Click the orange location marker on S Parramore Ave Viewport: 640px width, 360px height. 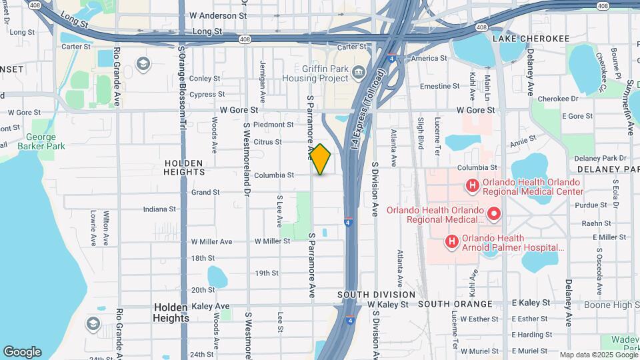[321, 159]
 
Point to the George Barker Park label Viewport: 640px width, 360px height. [41, 141]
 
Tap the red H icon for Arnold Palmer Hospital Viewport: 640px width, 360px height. [451, 241]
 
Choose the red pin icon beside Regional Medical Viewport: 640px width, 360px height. [494, 214]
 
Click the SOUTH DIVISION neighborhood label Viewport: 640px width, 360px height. [376, 294]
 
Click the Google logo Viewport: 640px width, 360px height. [22, 352]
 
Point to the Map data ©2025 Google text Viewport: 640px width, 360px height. [598, 355]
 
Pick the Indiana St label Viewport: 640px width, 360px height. [159, 209]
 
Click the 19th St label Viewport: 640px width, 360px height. [266, 273]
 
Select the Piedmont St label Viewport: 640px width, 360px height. [273, 124]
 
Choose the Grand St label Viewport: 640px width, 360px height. [205, 192]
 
